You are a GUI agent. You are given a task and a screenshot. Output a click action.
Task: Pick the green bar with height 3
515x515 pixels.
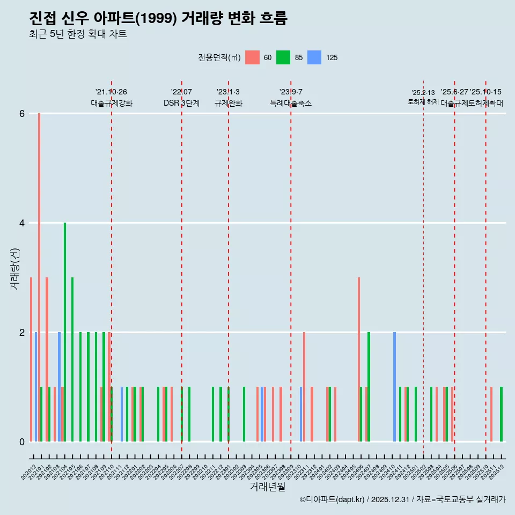(72, 359)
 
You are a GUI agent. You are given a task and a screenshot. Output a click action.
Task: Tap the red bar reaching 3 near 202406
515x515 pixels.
(359, 359)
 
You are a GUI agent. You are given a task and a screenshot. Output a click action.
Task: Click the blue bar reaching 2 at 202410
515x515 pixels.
(394, 387)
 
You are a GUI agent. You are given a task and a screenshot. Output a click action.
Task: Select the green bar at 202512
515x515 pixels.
(501, 414)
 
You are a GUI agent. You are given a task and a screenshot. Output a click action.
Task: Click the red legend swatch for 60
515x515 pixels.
(252, 57)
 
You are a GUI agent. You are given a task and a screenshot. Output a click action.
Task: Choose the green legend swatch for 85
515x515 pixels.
(283, 57)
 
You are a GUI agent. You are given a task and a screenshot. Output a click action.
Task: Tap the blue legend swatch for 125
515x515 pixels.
(314, 57)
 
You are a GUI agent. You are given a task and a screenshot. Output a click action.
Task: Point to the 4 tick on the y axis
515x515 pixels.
(22, 223)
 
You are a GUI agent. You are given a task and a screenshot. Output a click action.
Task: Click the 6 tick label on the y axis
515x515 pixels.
(22, 114)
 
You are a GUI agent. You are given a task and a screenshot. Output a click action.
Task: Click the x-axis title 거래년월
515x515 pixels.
(267, 487)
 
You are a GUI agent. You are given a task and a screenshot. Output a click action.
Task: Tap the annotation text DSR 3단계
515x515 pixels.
(181, 103)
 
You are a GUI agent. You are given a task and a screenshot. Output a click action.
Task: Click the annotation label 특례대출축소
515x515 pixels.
(290, 103)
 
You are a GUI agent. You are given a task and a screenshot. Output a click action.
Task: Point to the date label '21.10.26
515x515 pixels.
(111, 92)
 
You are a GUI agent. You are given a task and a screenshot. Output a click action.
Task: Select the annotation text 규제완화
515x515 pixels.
(229, 103)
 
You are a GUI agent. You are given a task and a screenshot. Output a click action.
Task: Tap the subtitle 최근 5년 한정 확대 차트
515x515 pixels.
(78, 34)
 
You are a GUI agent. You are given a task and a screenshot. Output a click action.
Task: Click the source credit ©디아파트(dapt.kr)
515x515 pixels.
(332, 499)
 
